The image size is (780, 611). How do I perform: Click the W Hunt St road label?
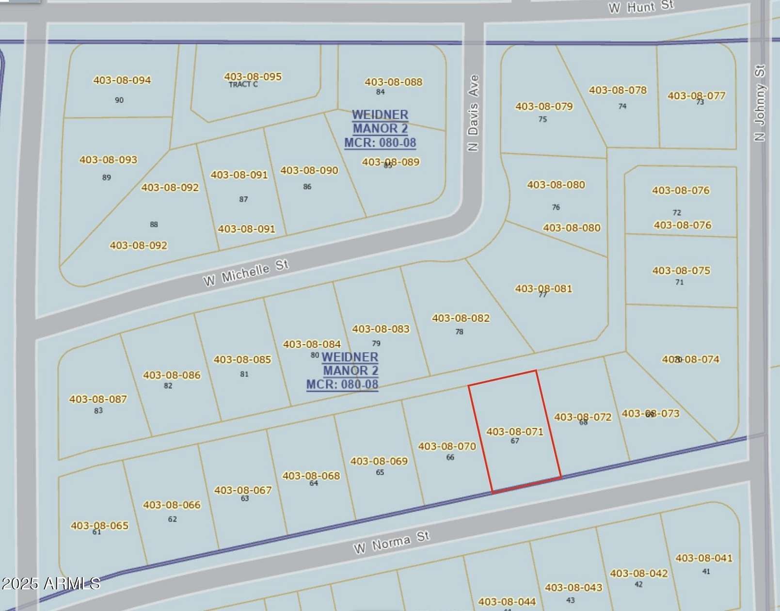pos(641,7)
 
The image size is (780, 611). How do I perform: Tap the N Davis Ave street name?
pos(473,113)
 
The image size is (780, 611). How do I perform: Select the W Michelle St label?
pos(246,273)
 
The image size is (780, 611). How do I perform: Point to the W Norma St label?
pos(391,543)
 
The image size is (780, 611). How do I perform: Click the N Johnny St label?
pos(759,103)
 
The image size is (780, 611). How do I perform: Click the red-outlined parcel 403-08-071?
pos(515,431)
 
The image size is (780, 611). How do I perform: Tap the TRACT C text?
pos(243,84)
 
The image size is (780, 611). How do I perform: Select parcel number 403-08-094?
pos(122,80)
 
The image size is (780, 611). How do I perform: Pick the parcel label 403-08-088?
pos(393,82)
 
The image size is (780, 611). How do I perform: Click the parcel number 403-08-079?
pos(544,106)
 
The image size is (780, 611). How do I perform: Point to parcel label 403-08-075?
pos(681,270)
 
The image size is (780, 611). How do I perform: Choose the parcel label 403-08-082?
pos(461,318)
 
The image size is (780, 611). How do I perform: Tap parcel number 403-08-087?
pos(98,399)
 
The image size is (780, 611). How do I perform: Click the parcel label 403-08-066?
pos(172,505)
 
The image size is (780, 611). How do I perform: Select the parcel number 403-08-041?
pos(703,558)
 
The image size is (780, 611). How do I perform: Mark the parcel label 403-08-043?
pos(573,587)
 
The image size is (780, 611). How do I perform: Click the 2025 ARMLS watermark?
pos(50,583)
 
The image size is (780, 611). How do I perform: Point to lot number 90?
pos(119,100)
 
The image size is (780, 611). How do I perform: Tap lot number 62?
pos(172,519)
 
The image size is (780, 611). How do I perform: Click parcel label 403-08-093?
pos(108,160)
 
